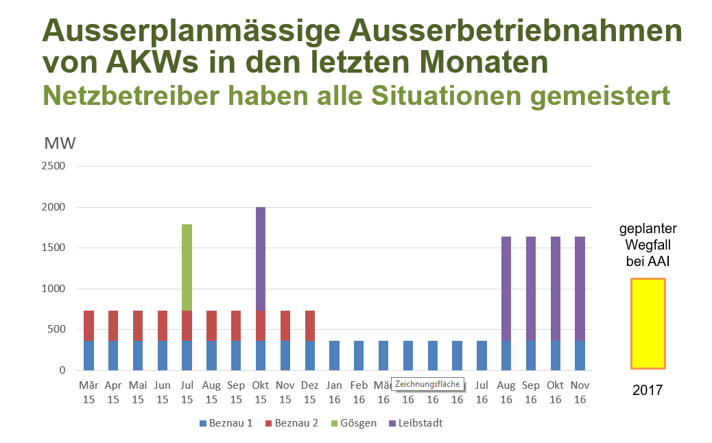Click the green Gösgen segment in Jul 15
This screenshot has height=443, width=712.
click(x=187, y=267)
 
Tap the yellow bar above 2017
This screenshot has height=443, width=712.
click(x=648, y=324)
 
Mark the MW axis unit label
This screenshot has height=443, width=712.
click(x=60, y=143)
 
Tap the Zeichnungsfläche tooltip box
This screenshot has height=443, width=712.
click(x=427, y=384)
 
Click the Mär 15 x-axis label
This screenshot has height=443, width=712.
click(x=88, y=392)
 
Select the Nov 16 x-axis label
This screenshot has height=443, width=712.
click(x=580, y=392)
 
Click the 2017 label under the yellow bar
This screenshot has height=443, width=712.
click(x=648, y=391)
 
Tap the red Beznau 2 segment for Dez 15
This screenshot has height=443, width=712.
click(x=309, y=326)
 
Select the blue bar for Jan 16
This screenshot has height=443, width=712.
click(x=334, y=355)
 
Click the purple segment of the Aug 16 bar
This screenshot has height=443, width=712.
click(x=506, y=288)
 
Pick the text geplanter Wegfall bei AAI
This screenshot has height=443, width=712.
click(x=648, y=245)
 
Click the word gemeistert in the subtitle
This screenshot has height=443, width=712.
click(x=600, y=95)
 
